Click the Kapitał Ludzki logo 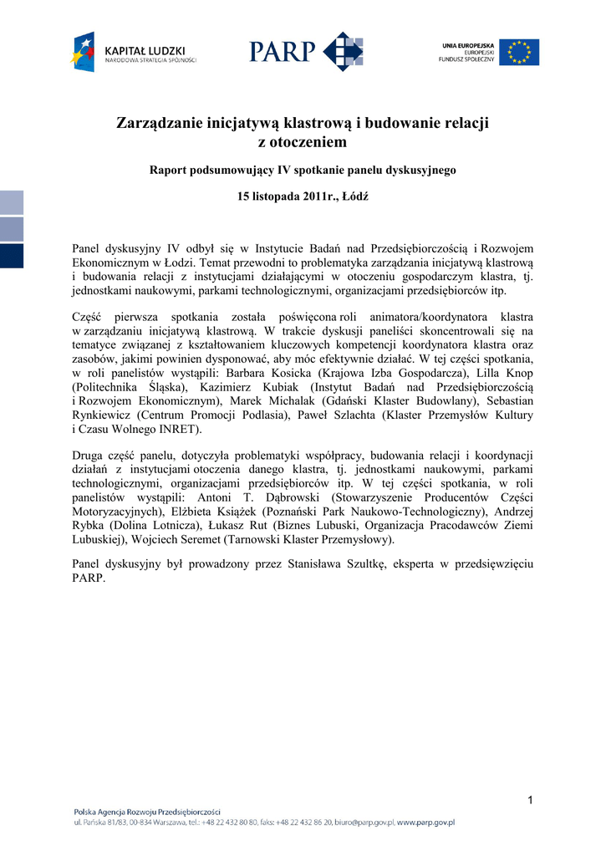(133, 52)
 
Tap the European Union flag (519, 53)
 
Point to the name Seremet (221, 539)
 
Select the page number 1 (530, 802)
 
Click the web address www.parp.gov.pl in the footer (425, 823)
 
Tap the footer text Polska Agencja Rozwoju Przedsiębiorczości (147, 811)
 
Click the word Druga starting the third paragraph (91, 455)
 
